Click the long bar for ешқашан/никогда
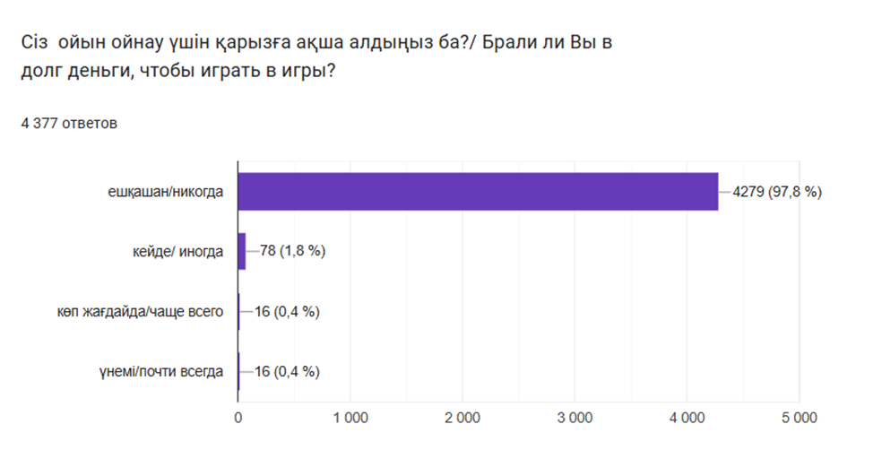pyautogui.click(x=478, y=191)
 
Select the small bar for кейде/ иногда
pyautogui.click(x=242, y=251)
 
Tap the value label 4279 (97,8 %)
pyautogui.click(x=776, y=191)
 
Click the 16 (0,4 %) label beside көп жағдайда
pyautogui.click(x=288, y=311)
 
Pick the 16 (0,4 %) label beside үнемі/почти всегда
pyautogui.click(x=288, y=371)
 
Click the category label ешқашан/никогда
pyautogui.click(x=165, y=191)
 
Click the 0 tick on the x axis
pyautogui.click(x=238, y=417)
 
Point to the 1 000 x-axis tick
pyautogui.click(x=350, y=417)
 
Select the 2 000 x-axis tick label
pyautogui.click(x=462, y=417)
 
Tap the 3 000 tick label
pyautogui.click(x=575, y=417)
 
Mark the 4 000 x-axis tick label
pyautogui.click(x=687, y=417)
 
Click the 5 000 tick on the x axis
pyautogui.click(x=799, y=417)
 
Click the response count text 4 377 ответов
pyautogui.click(x=69, y=123)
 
